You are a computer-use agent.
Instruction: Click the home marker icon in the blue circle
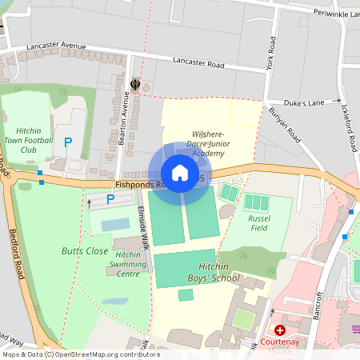coord(180,173)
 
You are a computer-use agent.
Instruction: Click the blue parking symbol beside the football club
coord(68,142)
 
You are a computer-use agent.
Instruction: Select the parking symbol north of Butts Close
coord(100,199)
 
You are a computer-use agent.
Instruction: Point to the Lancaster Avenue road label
coord(55,46)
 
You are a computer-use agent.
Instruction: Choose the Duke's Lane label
coord(303,102)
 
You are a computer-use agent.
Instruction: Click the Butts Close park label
coord(85,250)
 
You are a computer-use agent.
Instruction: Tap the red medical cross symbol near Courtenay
coord(280,330)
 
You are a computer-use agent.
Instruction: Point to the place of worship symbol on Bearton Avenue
coord(134,83)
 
